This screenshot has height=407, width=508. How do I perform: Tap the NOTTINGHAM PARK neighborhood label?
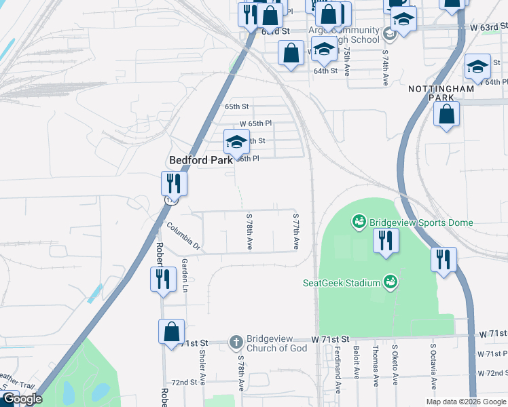[x=440, y=94]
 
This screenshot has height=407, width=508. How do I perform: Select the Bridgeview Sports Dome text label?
[x=420, y=222]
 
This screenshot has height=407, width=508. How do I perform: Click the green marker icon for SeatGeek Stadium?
[x=390, y=281]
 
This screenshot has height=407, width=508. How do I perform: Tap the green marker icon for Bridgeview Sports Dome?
[x=357, y=222]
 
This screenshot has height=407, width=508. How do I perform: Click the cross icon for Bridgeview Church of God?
[x=236, y=341]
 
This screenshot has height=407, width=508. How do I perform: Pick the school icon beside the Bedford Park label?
[x=236, y=142]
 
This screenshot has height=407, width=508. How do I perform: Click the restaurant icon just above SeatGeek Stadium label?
[x=385, y=241]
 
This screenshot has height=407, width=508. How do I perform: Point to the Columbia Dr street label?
[x=183, y=237]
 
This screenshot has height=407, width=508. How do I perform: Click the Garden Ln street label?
[x=184, y=275]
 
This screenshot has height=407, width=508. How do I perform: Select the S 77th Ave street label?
[x=296, y=232]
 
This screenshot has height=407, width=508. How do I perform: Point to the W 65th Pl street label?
[x=255, y=123]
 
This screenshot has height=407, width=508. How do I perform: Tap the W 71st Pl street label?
[x=492, y=354]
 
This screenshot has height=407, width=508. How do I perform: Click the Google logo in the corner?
[x=22, y=399]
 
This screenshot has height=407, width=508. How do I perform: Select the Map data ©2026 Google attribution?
[x=466, y=402]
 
